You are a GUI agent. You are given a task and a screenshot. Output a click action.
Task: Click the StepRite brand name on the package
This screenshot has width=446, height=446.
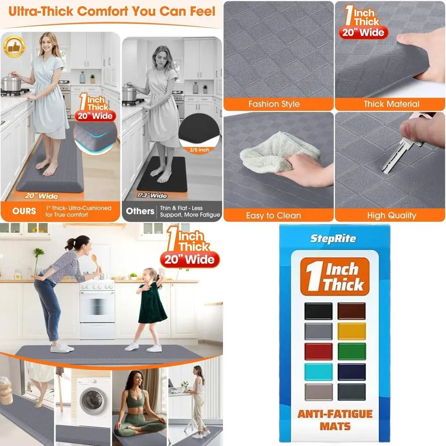click(333, 239)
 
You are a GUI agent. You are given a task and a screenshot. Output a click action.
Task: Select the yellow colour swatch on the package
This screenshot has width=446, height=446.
click(351, 331)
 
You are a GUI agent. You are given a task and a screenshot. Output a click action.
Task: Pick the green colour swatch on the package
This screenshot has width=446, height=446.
click(351, 351)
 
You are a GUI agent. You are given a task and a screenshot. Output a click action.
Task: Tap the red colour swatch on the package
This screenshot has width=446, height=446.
click(318, 351)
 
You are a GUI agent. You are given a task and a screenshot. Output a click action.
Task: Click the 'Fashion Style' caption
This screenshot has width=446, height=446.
click(274, 104)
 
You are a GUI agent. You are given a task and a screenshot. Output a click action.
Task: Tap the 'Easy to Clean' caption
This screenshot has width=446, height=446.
click(274, 215)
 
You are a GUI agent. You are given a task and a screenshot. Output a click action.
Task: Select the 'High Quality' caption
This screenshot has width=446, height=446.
click(391, 215)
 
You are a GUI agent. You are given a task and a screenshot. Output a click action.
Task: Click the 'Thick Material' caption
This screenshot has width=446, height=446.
click(391, 104)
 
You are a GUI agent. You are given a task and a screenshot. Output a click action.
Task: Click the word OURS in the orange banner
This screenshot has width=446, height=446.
click(24, 211)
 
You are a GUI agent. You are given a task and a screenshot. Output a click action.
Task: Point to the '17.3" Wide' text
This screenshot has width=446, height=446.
click(152, 196)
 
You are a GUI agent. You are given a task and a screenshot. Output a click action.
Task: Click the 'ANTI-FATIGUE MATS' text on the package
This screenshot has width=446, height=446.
click(334, 421)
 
